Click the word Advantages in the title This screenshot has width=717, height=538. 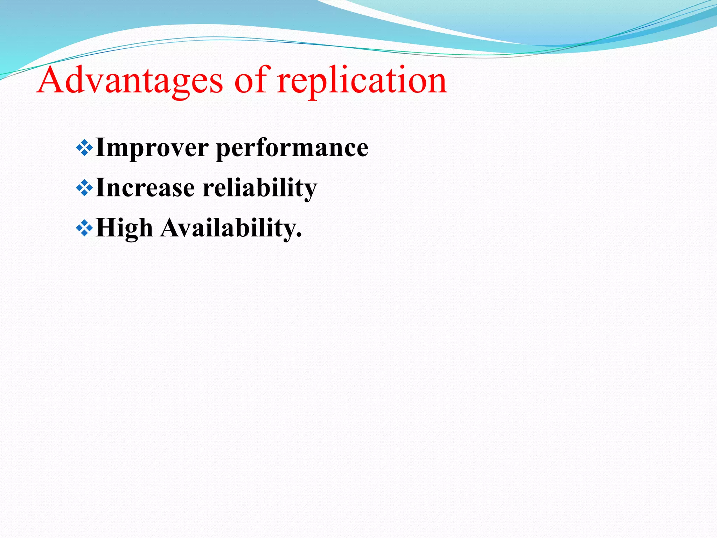click(x=130, y=81)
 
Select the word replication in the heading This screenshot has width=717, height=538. click(x=362, y=81)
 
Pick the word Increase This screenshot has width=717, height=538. click(x=145, y=188)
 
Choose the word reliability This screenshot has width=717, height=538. click(x=260, y=188)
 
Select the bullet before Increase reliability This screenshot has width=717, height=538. click(x=84, y=188)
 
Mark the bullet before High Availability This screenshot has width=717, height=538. click(x=84, y=228)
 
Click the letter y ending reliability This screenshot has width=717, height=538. click(x=309, y=191)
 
